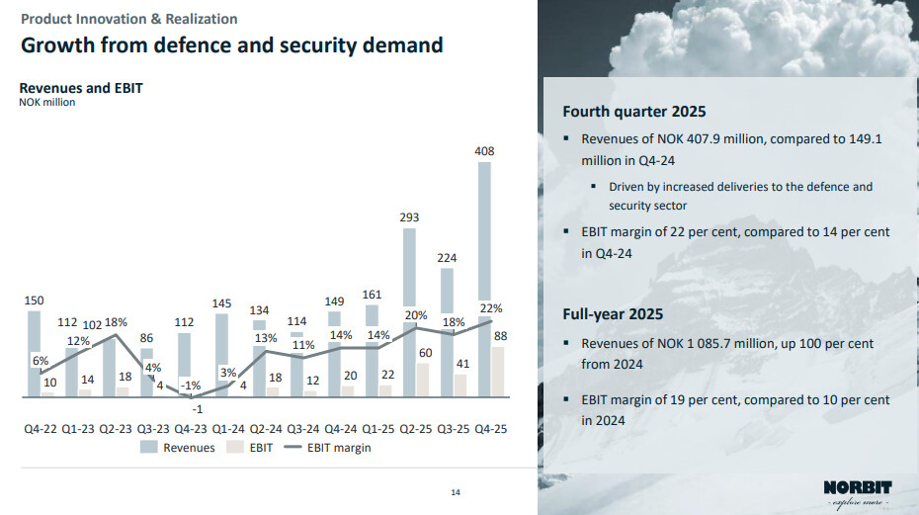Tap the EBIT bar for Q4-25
point(498,372)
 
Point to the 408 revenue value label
point(484,151)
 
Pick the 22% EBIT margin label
point(492,308)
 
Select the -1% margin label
point(192,386)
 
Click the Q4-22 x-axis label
point(42,429)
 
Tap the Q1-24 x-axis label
point(229,429)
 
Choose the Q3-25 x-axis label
point(455,429)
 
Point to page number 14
point(456,493)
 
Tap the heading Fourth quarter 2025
point(633,112)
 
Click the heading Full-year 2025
point(613,314)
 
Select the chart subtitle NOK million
point(46,101)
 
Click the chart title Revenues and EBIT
point(81,88)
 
